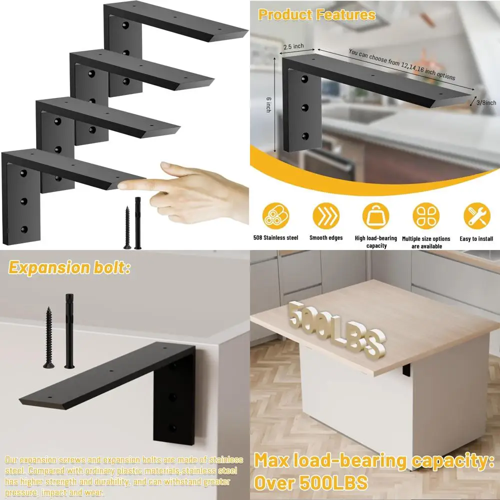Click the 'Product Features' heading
(x=316, y=14)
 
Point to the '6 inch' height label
(x=268, y=103)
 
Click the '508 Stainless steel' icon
(x=275, y=215)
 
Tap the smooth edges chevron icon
(x=325, y=215)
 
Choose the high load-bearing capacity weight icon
(x=375, y=215)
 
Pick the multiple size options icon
(x=426, y=215)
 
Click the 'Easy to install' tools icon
(x=476, y=215)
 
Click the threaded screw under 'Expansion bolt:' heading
(x=49, y=337)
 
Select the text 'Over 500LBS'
(x=310, y=482)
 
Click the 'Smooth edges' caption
(x=325, y=238)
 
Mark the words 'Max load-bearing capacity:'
(x=370, y=461)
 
